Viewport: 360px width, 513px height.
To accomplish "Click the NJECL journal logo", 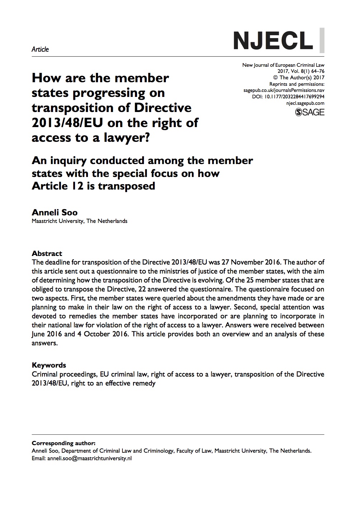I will tap(273, 40).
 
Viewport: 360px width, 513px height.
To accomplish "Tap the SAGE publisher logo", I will tap(309, 112).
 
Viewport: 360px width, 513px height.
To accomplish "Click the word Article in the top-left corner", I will tap(40, 49).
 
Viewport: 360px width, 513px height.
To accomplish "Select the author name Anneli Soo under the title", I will tap(55, 212).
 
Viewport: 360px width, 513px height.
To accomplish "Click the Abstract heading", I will tap(47, 253).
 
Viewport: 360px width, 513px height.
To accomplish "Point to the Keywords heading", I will tap(49, 365).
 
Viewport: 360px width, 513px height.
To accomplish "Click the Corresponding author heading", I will tap(64, 443).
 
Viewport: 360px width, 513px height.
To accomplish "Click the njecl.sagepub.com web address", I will tap(305, 103).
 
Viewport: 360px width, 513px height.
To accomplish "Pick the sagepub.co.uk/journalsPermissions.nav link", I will tap(284, 90).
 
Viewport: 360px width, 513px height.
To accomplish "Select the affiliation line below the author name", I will tap(79, 221).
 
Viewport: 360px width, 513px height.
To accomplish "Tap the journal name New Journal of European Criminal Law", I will tap(283, 65).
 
